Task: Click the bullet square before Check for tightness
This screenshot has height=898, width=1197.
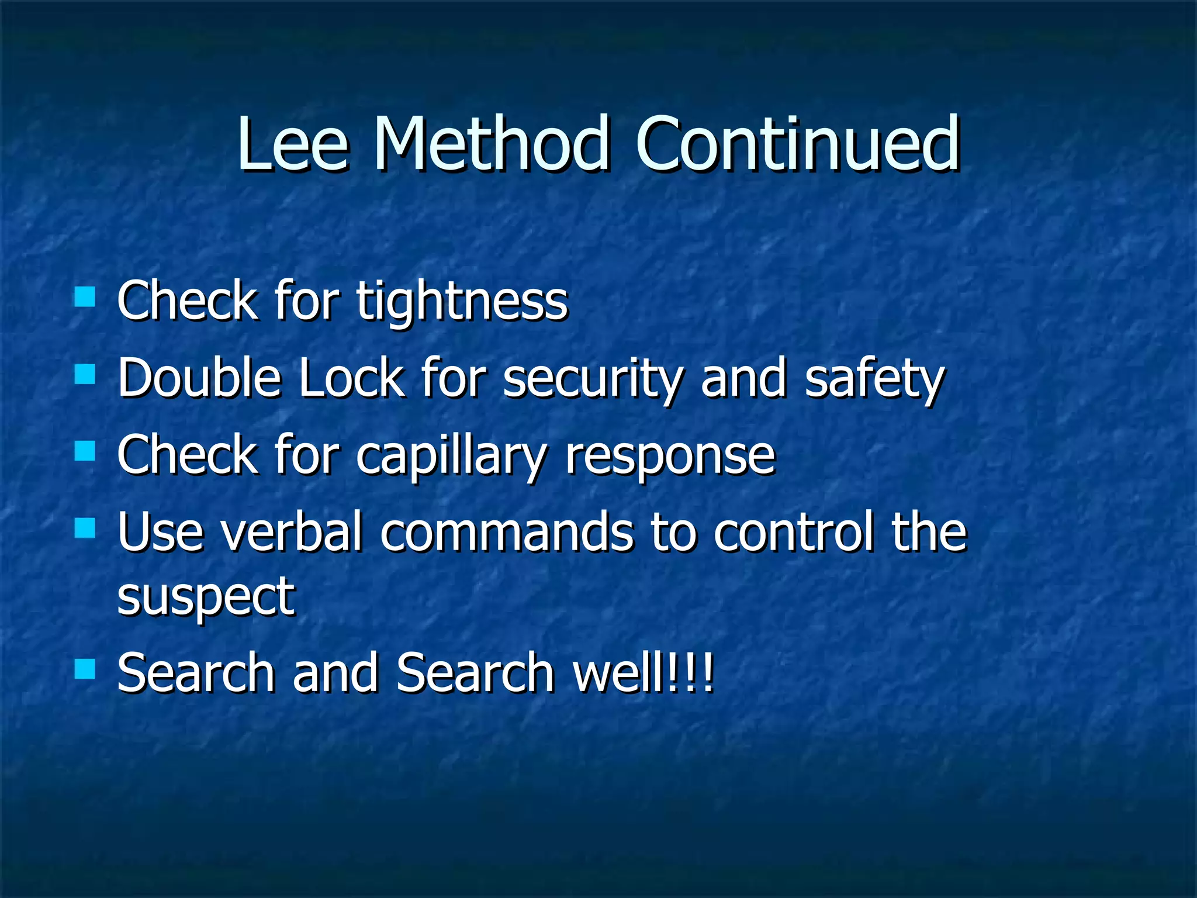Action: (x=85, y=296)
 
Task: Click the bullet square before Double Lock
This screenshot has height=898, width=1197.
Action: (x=85, y=374)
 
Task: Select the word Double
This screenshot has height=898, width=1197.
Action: (x=199, y=378)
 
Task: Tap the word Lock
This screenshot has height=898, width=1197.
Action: (x=351, y=378)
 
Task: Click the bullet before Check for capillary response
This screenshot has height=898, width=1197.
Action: (x=85, y=451)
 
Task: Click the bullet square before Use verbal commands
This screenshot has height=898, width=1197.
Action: (x=85, y=528)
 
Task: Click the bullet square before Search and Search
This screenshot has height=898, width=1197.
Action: (x=85, y=668)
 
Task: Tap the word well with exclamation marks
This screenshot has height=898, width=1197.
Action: (x=643, y=672)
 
